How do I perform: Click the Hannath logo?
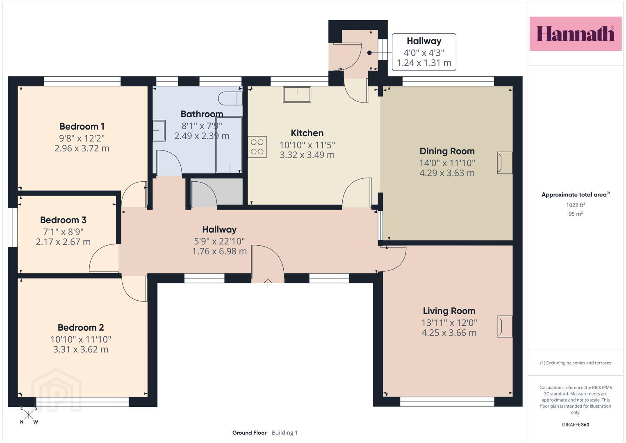point(576,34)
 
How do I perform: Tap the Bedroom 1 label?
point(82,126)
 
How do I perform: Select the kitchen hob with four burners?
point(257,147)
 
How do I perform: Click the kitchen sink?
point(297,94)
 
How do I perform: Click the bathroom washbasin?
point(159,130)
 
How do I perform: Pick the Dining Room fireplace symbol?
point(505,163)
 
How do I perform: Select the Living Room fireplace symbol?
point(505,327)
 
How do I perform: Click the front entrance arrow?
point(268,282)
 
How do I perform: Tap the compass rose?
point(29,415)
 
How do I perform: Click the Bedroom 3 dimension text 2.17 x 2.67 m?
point(63,242)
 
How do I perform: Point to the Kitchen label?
point(307,133)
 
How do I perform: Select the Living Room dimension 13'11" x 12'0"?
point(449,323)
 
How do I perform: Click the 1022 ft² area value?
point(576,205)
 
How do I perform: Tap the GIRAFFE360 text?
point(576,425)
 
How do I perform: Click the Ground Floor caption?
point(249,433)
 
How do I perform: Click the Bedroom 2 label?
point(80,327)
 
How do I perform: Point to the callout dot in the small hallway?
point(369,53)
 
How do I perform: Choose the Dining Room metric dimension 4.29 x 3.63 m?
point(447,173)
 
